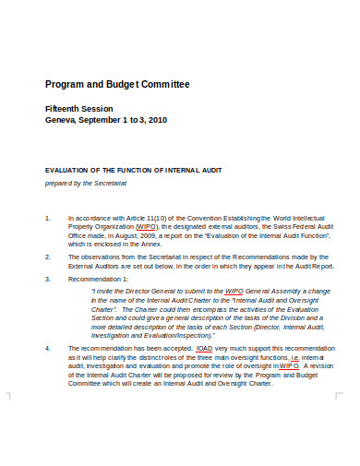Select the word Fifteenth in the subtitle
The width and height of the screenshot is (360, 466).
(66, 107)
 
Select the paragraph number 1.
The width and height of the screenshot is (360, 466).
(48, 218)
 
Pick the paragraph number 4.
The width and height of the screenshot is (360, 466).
(48, 349)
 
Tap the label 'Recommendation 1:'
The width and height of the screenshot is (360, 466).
(100, 277)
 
